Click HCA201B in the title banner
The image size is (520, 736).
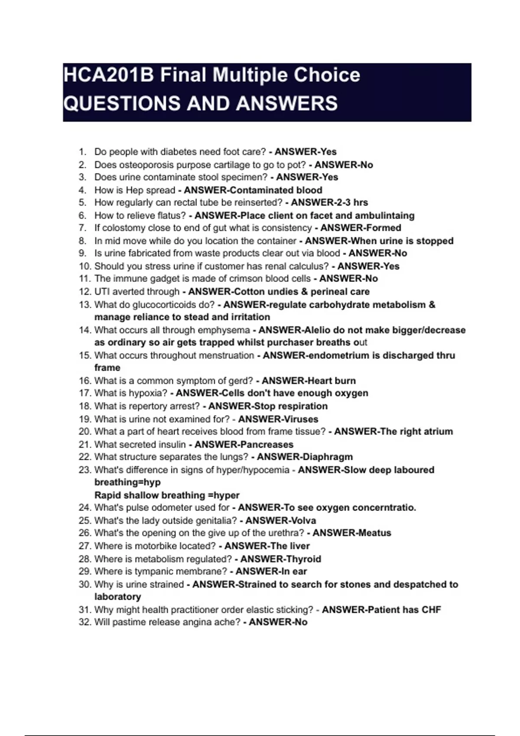[108, 75]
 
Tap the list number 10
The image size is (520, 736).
[84, 266]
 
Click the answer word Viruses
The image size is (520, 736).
[299, 419]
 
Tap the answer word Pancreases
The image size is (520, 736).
[266, 445]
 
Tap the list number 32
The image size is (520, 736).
[84, 622]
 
